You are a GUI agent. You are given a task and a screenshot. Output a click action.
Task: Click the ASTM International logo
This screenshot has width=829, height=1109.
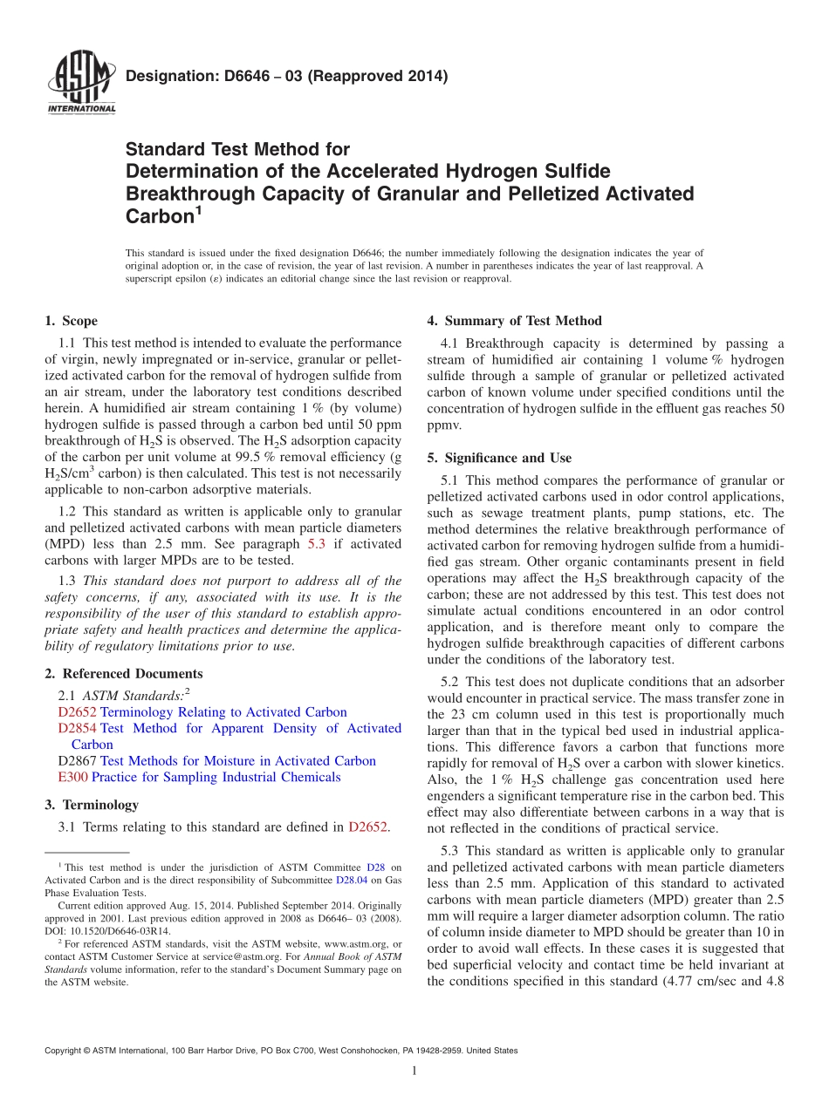(80, 83)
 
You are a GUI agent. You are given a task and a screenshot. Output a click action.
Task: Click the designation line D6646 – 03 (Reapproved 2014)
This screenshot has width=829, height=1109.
(286, 76)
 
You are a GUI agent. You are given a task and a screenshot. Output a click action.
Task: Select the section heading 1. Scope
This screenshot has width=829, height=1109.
(71, 322)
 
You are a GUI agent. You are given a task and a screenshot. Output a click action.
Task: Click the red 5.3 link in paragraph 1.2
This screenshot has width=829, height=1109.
(319, 544)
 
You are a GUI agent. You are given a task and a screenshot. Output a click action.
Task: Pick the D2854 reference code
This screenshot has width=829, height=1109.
(77, 729)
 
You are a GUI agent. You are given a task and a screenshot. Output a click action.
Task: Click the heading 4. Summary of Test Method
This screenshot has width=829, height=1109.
(514, 321)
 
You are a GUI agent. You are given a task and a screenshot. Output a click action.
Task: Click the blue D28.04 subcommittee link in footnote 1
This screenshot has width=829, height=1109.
(351, 881)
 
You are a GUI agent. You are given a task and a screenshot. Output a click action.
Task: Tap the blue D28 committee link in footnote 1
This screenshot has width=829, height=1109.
(375, 867)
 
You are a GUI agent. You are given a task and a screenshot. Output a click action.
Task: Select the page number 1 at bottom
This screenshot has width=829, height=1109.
(414, 1072)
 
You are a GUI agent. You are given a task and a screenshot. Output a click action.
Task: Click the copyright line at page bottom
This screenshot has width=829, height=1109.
(280, 1051)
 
